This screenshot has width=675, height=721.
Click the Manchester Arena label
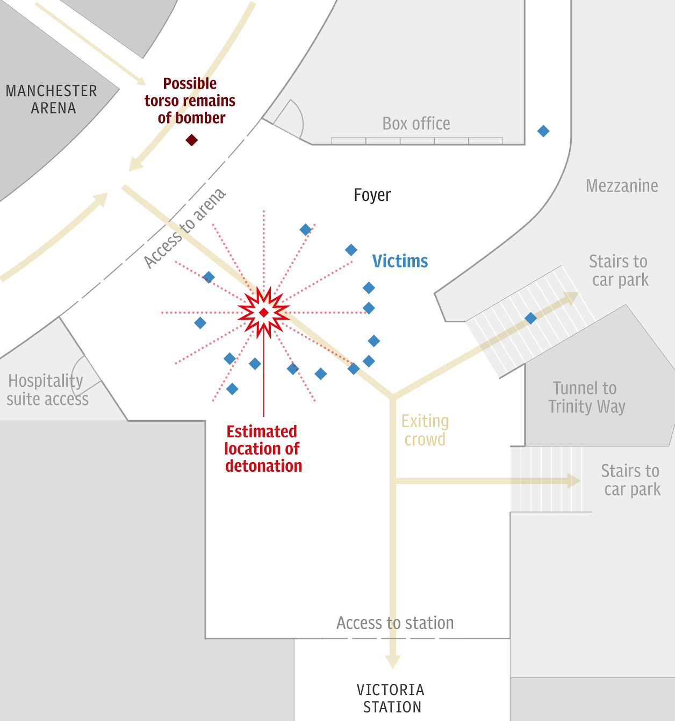pyautogui.click(x=52, y=99)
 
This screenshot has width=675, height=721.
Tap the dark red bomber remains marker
pyautogui.click(x=191, y=140)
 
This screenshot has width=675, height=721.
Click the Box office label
pyautogui.click(x=416, y=124)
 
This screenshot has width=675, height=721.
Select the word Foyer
pyautogui.click(x=372, y=195)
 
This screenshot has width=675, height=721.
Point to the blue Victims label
pyautogui.click(x=400, y=261)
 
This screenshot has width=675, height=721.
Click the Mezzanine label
pyautogui.click(x=622, y=186)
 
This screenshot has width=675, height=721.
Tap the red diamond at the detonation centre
pyautogui.click(x=264, y=312)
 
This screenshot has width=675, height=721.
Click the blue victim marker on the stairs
pyautogui.click(x=530, y=318)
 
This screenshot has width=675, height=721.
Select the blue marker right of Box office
pyautogui.click(x=543, y=131)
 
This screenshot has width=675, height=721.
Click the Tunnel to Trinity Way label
pyautogui.click(x=586, y=397)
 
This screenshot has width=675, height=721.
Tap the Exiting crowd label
pyautogui.click(x=425, y=430)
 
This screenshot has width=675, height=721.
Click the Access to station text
pyautogui.click(x=395, y=623)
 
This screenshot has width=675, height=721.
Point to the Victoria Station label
pyautogui.click(x=391, y=698)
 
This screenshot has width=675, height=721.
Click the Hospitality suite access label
pyautogui.click(x=47, y=390)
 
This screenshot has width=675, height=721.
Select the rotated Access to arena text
pyautogui.click(x=184, y=228)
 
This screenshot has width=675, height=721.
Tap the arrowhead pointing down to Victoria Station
pyautogui.click(x=393, y=661)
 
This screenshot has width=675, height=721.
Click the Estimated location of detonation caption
pyautogui.click(x=263, y=449)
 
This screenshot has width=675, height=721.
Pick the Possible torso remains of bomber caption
pyautogui.click(x=190, y=100)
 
